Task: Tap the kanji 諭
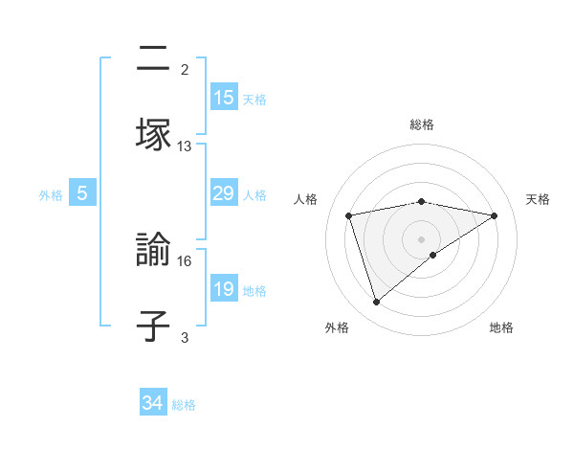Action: point(153,252)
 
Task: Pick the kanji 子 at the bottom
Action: point(153,326)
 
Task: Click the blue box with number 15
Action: point(224,97)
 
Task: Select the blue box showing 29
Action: point(224,193)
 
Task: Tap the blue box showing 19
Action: point(224,290)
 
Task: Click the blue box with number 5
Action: point(82,193)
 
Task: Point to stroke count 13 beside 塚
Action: point(185,146)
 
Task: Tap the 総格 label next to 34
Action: point(184,405)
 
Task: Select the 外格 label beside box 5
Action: point(51,195)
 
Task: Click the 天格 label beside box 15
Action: point(254,99)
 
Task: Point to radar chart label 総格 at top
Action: point(422,124)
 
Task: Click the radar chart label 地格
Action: point(501,327)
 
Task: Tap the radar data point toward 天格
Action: point(495,215)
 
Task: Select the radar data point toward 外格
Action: point(376,303)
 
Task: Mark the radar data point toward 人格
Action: point(349,214)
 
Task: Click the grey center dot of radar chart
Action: point(422,238)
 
